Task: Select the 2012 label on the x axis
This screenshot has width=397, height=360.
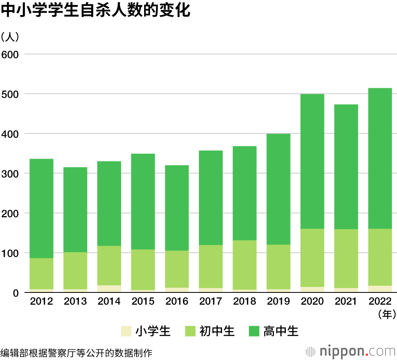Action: click(x=41, y=301)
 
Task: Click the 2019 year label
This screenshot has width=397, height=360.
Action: click(x=278, y=301)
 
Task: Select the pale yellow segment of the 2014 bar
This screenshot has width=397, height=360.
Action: click(x=109, y=289)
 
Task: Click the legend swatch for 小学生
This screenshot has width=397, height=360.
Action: click(x=126, y=331)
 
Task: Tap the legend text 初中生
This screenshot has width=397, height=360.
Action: click(x=217, y=331)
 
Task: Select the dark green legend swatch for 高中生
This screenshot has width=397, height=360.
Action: click(x=254, y=331)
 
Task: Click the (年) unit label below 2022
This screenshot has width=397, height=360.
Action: click(x=386, y=315)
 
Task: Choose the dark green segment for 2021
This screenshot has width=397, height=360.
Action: click(x=346, y=166)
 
